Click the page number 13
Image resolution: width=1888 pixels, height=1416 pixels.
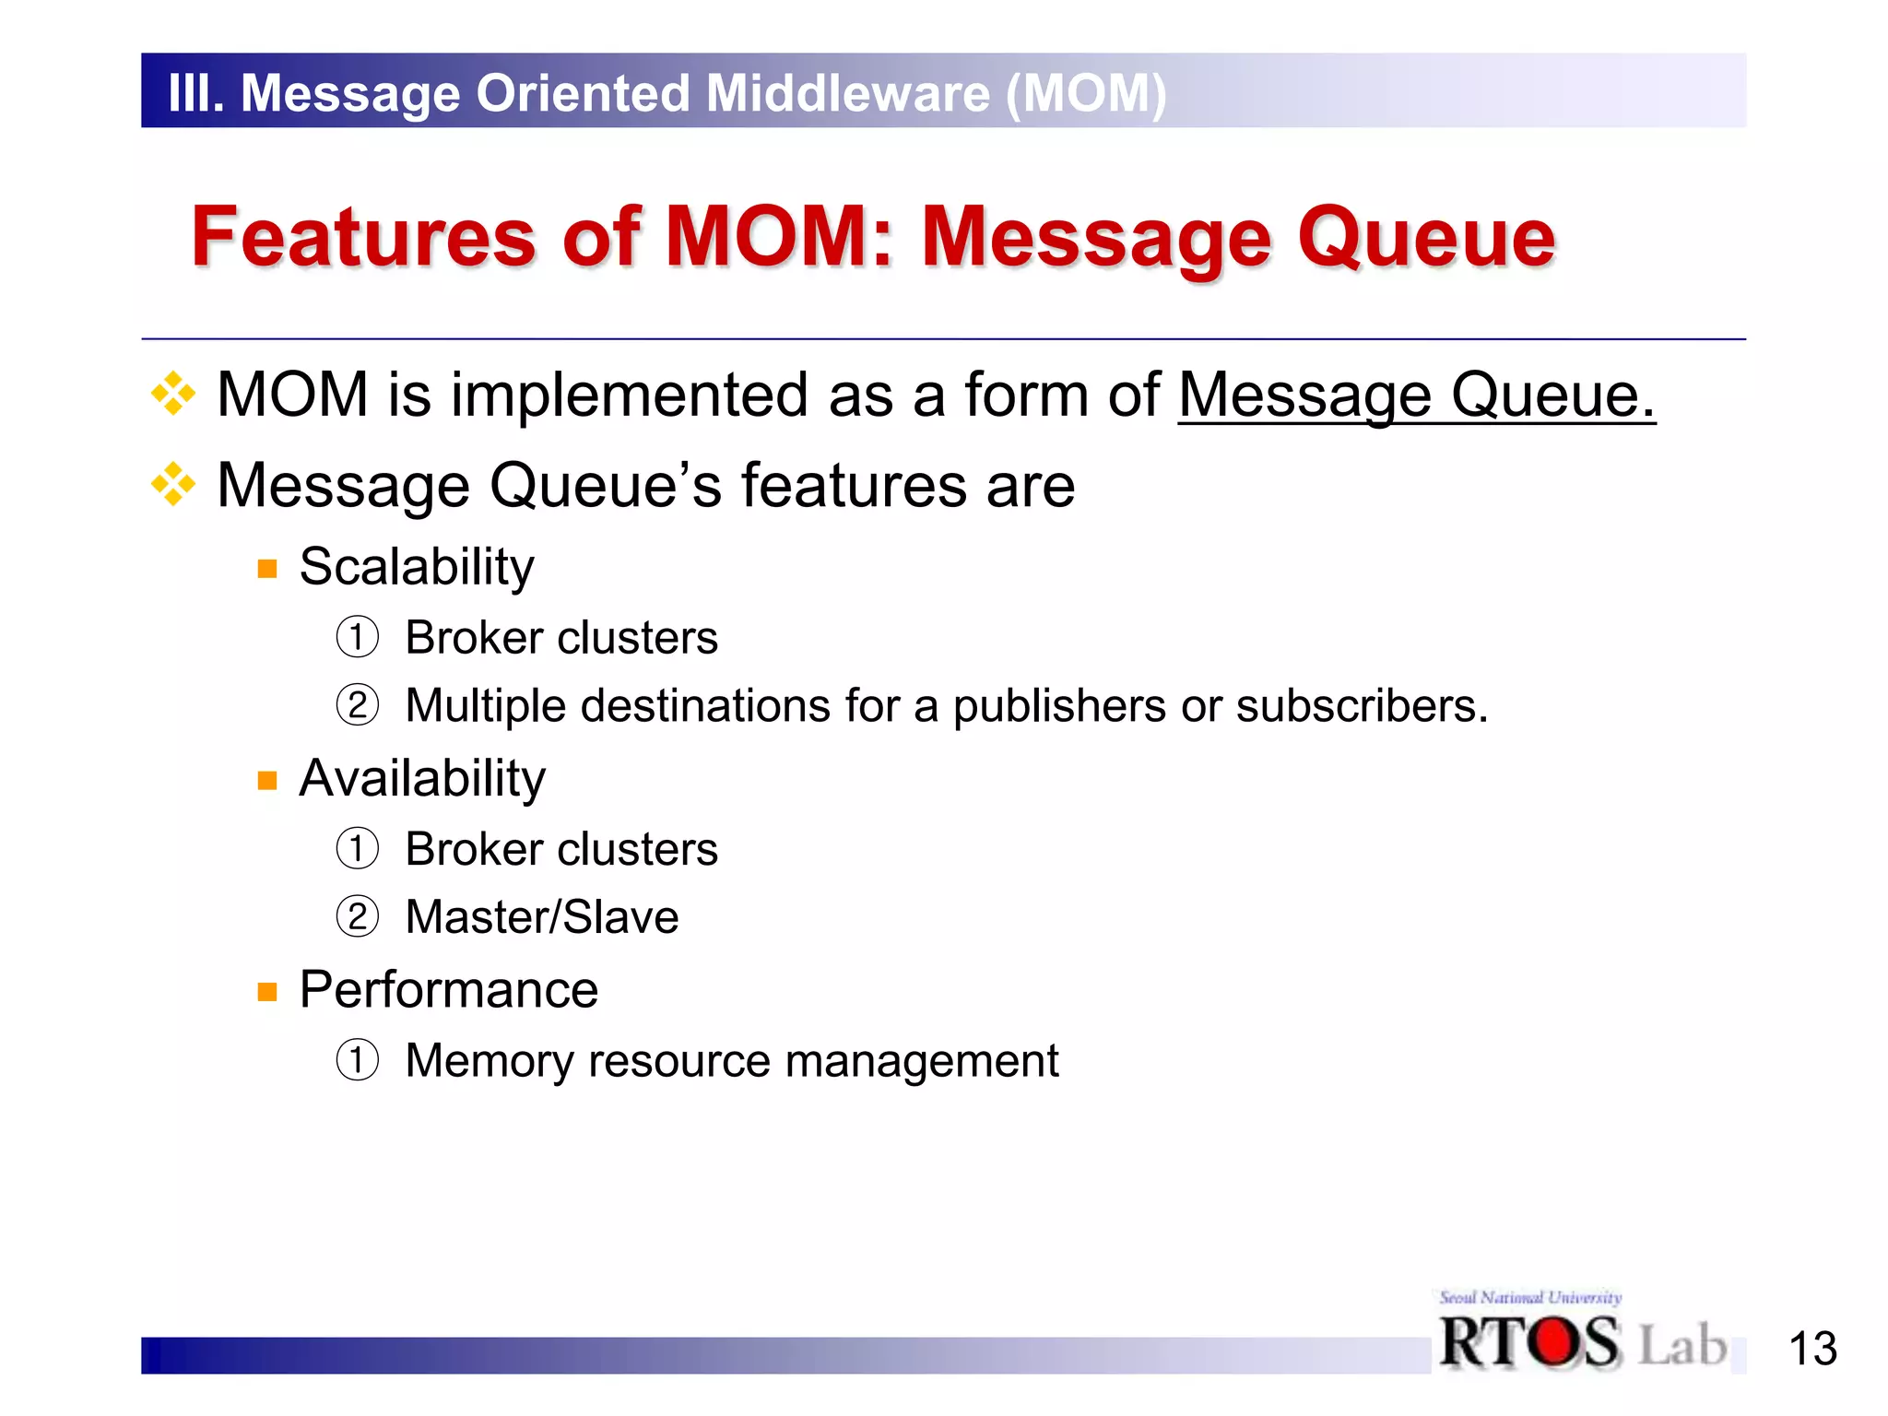[x=1812, y=1349]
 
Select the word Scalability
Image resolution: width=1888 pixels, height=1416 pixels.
[x=417, y=567]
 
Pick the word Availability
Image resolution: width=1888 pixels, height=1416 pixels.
[x=422, y=779]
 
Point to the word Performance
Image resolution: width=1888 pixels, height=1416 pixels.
[x=449, y=990]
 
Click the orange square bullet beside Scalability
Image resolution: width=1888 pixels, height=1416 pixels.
[x=267, y=569]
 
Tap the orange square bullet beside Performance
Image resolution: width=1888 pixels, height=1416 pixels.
[x=267, y=992]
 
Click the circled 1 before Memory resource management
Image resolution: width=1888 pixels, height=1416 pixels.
[x=357, y=1060]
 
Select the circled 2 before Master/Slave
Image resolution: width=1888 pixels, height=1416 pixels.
[x=357, y=917]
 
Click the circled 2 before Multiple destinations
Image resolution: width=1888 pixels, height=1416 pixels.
[x=357, y=706]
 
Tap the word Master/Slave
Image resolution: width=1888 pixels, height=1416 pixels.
[x=542, y=918]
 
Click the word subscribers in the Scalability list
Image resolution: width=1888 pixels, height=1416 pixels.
[x=1361, y=707]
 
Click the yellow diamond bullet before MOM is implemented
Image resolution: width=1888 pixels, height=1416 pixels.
[x=173, y=395]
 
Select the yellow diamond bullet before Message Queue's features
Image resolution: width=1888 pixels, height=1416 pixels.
[x=173, y=485]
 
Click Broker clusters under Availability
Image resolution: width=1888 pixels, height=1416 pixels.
[x=560, y=849]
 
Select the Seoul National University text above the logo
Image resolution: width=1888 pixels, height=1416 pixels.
[x=1530, y=1297]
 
